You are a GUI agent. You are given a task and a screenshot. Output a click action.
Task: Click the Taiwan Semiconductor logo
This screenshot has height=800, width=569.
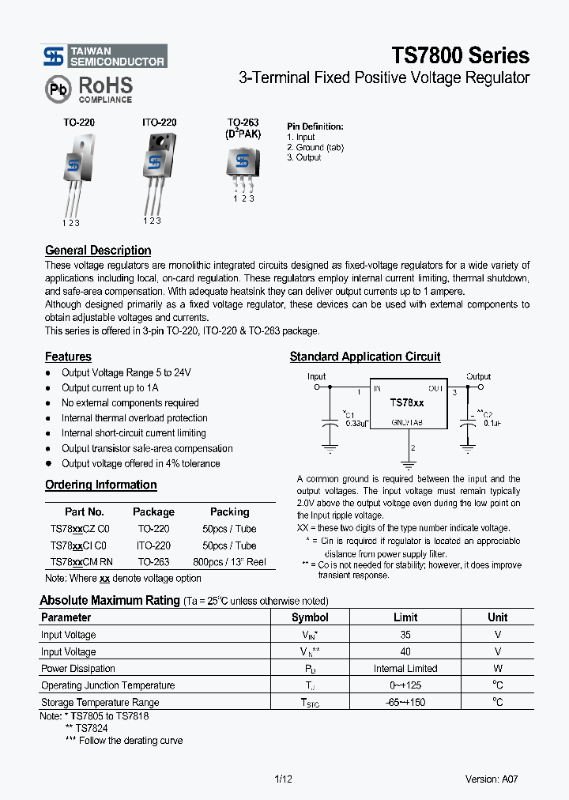coord(104,56)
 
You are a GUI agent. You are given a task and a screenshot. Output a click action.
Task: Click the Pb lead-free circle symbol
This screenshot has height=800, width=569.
coord(58,89)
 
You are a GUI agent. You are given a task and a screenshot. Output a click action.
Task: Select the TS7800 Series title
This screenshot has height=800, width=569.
coord(461,55)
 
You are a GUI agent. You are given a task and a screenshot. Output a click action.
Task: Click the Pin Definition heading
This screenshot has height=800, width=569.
coord(315,126)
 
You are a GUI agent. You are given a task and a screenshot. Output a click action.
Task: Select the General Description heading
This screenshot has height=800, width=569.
coord(98,251)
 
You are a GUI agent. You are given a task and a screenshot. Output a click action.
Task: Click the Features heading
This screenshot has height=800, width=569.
coord(68,357)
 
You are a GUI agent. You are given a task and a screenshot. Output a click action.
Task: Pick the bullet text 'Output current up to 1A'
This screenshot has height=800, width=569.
coord(110,388)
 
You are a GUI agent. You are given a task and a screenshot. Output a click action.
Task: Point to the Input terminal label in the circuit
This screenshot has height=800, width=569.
coord(316,377)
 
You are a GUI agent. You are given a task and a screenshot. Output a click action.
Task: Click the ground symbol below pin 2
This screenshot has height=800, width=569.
coord(407,464)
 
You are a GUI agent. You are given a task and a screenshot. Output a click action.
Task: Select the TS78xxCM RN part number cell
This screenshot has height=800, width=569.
coord(81,562)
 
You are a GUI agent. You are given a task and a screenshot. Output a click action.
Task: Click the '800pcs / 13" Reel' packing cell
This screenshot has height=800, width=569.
coord(229,562)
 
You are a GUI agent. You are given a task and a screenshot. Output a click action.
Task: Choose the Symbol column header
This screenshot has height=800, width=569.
coord(310,617)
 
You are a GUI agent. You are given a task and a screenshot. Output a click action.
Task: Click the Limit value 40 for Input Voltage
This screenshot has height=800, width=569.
coord(405,651)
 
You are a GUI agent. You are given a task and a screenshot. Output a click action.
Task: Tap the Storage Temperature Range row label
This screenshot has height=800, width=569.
coord(100,702)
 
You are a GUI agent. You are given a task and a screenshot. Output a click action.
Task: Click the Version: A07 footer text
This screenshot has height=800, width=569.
coord(492,779)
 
